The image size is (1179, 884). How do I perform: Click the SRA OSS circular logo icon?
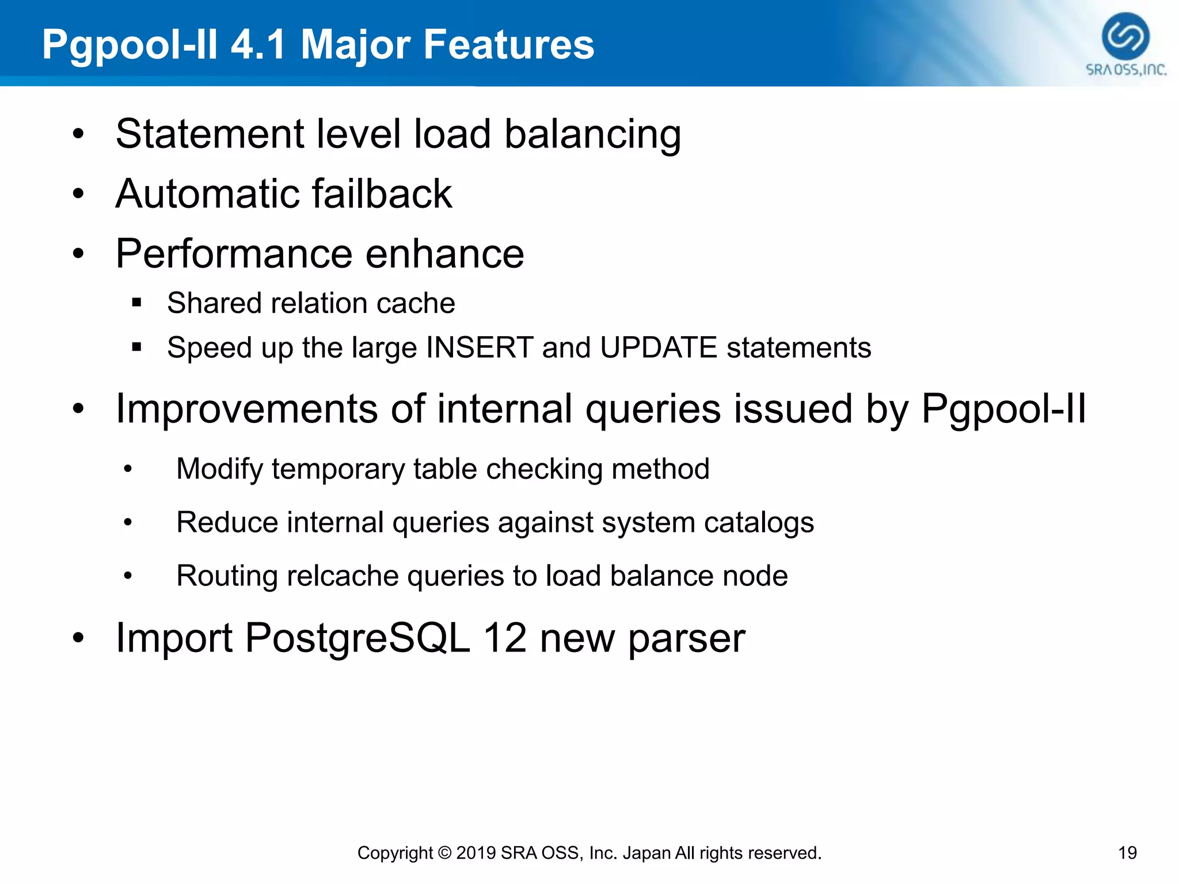pyautogui.click(x=1125, y=36)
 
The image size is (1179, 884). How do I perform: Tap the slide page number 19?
pyautogui.click(x=1127, y=852)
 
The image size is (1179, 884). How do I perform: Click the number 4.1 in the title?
pyautogui.click(x=258, y=44)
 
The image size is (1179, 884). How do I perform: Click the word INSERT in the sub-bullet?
pyautogui.click(x=479, y=348)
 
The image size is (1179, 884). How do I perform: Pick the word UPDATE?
pyautogui.click(x=658, y=348)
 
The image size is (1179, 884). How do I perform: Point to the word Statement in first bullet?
pyautogui.click(x=210, y=134)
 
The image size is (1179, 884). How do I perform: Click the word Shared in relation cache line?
pyautogui.click(x=214, y=303)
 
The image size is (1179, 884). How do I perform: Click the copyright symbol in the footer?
pyautogui.click(x=444, y=852)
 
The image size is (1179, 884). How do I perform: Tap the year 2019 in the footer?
pyautogui.click(x=476, y=852)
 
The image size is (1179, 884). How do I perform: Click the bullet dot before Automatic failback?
pyautogui.click(x=78, y=195)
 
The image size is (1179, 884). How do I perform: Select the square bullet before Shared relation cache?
pyautogui.click(x=136, y=303)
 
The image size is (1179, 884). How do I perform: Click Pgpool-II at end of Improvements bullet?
pyautogui.click(x=1003, y=409)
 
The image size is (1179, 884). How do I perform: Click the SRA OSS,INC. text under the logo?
pyautogui.click(x=1126, y=70)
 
